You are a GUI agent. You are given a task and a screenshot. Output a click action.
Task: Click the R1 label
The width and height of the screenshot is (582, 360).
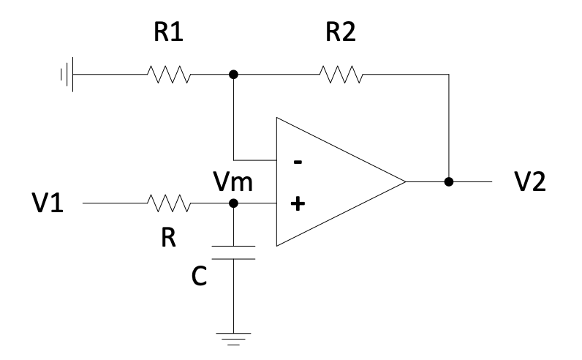pyautogui.click(x=169, y=34)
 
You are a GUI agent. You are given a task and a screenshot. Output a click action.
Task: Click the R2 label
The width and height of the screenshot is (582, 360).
pyautogui.click(x=339, y=34)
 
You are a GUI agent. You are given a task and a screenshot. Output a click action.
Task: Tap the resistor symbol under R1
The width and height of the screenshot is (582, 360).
pyautogui.click(x=169, y=74)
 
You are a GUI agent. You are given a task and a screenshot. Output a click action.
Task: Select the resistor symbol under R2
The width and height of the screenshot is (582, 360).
pyautogui.click(x=339, y=74)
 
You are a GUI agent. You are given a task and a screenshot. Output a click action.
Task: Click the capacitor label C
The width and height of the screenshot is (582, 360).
pyautogui.click(x=198, y=277)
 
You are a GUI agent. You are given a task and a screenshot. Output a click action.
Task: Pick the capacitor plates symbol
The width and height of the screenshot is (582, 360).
pyautogui.click(x=233, y=252)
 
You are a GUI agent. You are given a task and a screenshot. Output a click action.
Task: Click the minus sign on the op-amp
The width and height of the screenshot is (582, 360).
pyautogui.click(x=296, y=162)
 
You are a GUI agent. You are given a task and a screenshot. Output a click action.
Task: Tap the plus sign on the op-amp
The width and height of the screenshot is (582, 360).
pyautogui.click(x=296, y=204)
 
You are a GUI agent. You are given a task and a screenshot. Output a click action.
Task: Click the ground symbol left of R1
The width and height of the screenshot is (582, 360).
pyautogui.click(x=67, y=74)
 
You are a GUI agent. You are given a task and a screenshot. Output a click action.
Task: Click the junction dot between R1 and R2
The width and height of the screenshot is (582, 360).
pyautogui.click(x=233, y=74)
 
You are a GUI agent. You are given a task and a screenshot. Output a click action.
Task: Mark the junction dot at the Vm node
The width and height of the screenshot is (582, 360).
pyautogui.click(x=233, y=203)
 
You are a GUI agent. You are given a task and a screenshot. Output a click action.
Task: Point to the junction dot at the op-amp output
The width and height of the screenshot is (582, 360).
pyautogui.click(x=448, y=181)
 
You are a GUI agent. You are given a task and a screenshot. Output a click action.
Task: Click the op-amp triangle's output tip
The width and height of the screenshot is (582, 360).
pyautogui.click(x=406, y=181)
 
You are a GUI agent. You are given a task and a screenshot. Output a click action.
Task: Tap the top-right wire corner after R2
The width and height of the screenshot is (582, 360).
pyautogui.click(x=448, y=74)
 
